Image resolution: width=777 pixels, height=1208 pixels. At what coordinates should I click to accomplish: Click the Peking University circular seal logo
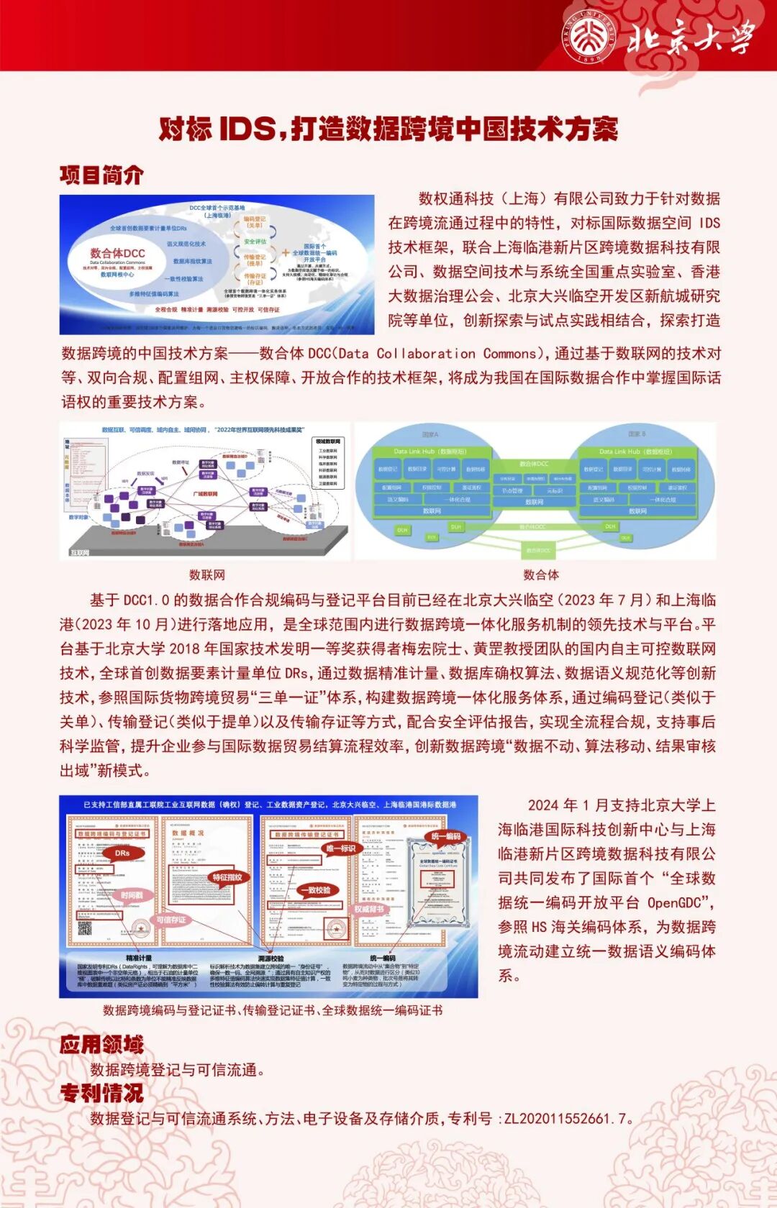[589, 37]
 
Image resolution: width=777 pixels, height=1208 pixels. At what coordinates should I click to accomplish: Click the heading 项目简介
[101, 175]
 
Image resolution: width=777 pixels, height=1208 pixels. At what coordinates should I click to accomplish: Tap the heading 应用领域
[101, 1044]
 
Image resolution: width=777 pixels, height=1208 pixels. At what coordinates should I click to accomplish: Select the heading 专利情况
[101, 1093]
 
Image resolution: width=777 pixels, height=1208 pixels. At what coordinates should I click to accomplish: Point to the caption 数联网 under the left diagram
[206, 575]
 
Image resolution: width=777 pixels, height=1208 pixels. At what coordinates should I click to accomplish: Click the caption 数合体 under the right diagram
[541, 575]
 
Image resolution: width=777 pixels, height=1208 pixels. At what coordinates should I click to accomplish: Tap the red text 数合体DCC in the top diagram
[117, 253]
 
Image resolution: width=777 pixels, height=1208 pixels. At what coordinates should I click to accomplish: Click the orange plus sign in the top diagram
[286, 252]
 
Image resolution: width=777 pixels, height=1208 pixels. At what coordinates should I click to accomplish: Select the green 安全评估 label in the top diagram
[255, 242]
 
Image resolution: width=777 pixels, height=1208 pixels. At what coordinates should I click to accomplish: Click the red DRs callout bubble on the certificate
[122, 854]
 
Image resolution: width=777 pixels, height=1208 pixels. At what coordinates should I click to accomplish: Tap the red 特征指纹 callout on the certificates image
[227, 877]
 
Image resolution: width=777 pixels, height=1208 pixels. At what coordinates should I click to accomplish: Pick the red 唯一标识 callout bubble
[340, 848]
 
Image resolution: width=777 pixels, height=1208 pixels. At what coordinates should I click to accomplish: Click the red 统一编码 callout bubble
[445, 836]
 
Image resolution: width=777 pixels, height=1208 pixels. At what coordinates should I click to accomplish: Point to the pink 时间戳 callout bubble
[132, 895]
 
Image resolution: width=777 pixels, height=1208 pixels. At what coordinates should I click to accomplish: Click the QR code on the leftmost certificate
[85, 928]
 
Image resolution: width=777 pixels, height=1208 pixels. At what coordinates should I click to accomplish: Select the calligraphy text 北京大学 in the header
[691, 37]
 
